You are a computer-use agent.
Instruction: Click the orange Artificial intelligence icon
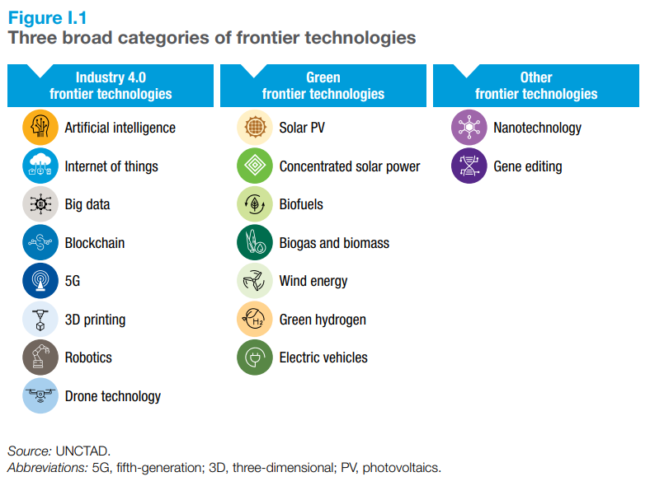(40, 128)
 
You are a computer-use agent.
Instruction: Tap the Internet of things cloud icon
(40, 166)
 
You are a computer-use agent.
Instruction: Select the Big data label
(87, 204)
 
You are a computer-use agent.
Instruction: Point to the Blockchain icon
(40, 243)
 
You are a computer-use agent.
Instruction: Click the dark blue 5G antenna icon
(40, 281)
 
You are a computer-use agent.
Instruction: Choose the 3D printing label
(96, 320)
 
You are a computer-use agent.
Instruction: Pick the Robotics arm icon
(40, 357)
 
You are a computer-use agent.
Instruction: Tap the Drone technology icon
(40, 396)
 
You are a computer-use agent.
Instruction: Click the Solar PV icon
(255, 128)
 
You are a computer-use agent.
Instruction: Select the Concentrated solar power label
(350, 166)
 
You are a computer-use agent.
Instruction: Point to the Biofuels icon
(255, 204)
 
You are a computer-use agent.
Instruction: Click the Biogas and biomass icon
(255, 243)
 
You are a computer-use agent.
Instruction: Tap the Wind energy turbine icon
(255, 281)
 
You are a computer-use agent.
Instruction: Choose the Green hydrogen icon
(255, 320)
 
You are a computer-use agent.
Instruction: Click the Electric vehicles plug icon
(255, 357)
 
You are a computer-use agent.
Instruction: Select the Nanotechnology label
(538, 128)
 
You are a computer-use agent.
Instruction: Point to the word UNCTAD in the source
(82, 451)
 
